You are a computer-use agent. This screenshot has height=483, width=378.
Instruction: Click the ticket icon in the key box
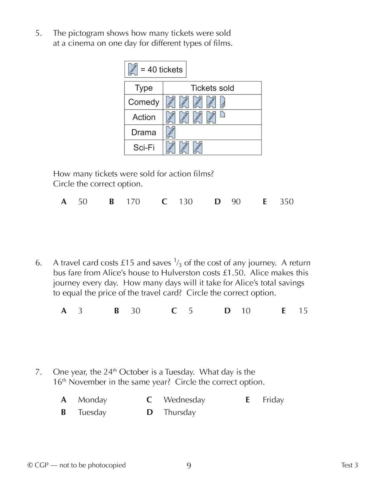pyautogui.click(x=133, y=69)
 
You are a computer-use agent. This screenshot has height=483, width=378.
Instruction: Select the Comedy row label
pyautogui.click(x=144, y=102)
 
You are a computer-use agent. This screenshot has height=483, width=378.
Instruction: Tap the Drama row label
pyautogui.click(x=144, y=133)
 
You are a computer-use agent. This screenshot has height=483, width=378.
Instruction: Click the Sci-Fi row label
pyautogui.click(x=144, y=148)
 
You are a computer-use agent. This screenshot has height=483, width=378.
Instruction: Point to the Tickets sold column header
pyautogui.click(x=212, y=88)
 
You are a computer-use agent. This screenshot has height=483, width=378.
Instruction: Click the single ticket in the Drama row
pyautogui.click(x=170, y=133)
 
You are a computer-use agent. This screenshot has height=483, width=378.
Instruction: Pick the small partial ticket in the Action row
pyautogui.click(x=223, y=114)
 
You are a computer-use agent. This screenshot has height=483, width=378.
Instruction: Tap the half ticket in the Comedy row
pyautogui.click(x=223, y=102)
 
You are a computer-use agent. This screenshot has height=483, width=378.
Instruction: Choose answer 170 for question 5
pyautogui.click(x=133, y=202)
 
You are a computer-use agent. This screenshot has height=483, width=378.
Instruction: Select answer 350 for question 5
pyautogui.click(x=286, y=202)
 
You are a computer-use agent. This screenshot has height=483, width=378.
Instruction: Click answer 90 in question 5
pyautogui.click(x=236, y=202)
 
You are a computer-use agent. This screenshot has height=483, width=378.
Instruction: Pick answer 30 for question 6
pyautogui.click(x=135, y=311)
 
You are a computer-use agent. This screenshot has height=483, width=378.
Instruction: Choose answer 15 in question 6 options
pyautogui.click(x=303, y=311)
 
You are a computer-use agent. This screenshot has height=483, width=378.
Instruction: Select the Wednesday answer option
pyautogui.click(x=184, y=400)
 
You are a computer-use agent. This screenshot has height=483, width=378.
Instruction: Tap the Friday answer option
pyautogui.click(x=273, y=400)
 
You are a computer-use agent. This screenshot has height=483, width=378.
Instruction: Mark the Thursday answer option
pyautogui.click(x=179, y=412)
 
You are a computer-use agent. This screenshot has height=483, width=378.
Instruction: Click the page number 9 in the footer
pyautogui.click(x=189, y=466)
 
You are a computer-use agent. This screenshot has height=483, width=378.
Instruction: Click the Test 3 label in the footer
pyautogui.click(x=349, y=465)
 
